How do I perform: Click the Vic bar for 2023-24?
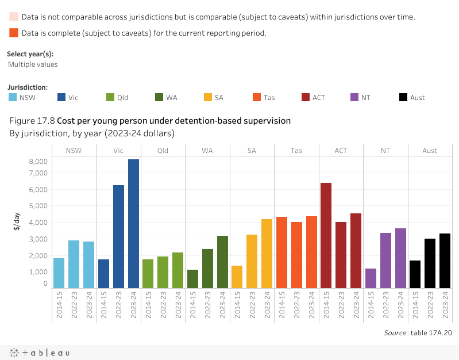[x=133, y=224]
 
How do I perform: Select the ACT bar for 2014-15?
[x=326, y=236]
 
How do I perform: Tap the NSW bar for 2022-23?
[x=74, y=264]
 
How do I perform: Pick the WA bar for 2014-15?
[x=192, y=279]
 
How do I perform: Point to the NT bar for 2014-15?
[x=371, y=278]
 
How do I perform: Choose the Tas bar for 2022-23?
[x=296, y=255]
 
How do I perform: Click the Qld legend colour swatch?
[x=111, y=97]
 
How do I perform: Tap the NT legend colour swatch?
[x=355, y=97]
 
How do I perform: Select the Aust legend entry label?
[x=418, y=98]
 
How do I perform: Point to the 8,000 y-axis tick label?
[x=38, y=162]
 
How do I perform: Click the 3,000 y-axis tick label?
[x=38, y=239]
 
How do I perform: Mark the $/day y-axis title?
[x=17, y=221]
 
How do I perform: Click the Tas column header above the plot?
[x=296, y=151]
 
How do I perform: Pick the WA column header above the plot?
[x=207, y=151]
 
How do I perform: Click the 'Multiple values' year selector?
[x=33, y=64]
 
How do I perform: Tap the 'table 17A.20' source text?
[x=431, y=333]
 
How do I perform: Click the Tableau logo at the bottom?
[x=39, y=353]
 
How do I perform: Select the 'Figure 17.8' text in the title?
[x=32, y=121]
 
